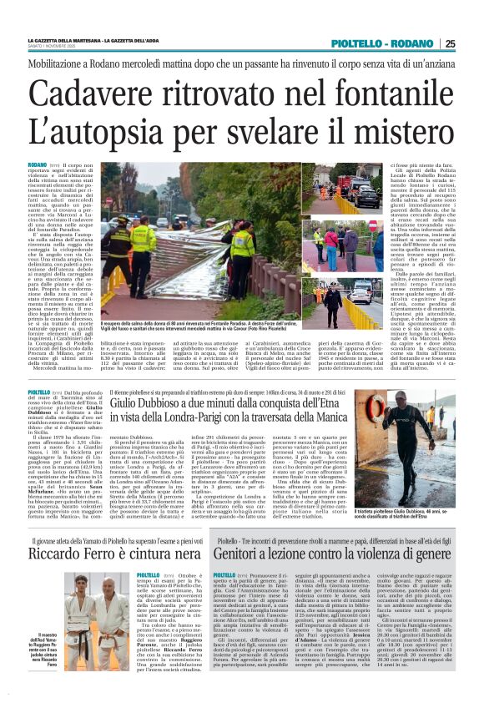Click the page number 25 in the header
pyautogui.click(x=473, y=44)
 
